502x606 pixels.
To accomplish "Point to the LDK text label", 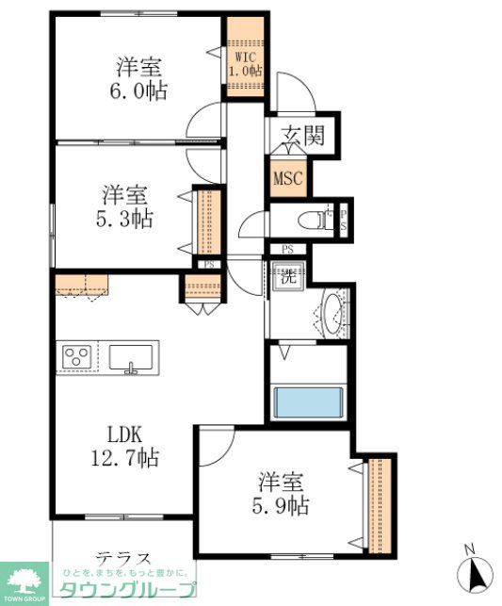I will click(x=122, y=435).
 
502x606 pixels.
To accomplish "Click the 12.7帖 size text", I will click(x=124, y=459).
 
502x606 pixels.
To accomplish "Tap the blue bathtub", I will click(x=310, y=402).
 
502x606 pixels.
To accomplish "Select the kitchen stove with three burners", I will click(x=77, y=357).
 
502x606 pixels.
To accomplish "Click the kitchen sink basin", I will click(x=133, y=357).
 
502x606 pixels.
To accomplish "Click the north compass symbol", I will click(x=476, y=570).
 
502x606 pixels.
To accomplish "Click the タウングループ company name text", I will click(x=128, y=590).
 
